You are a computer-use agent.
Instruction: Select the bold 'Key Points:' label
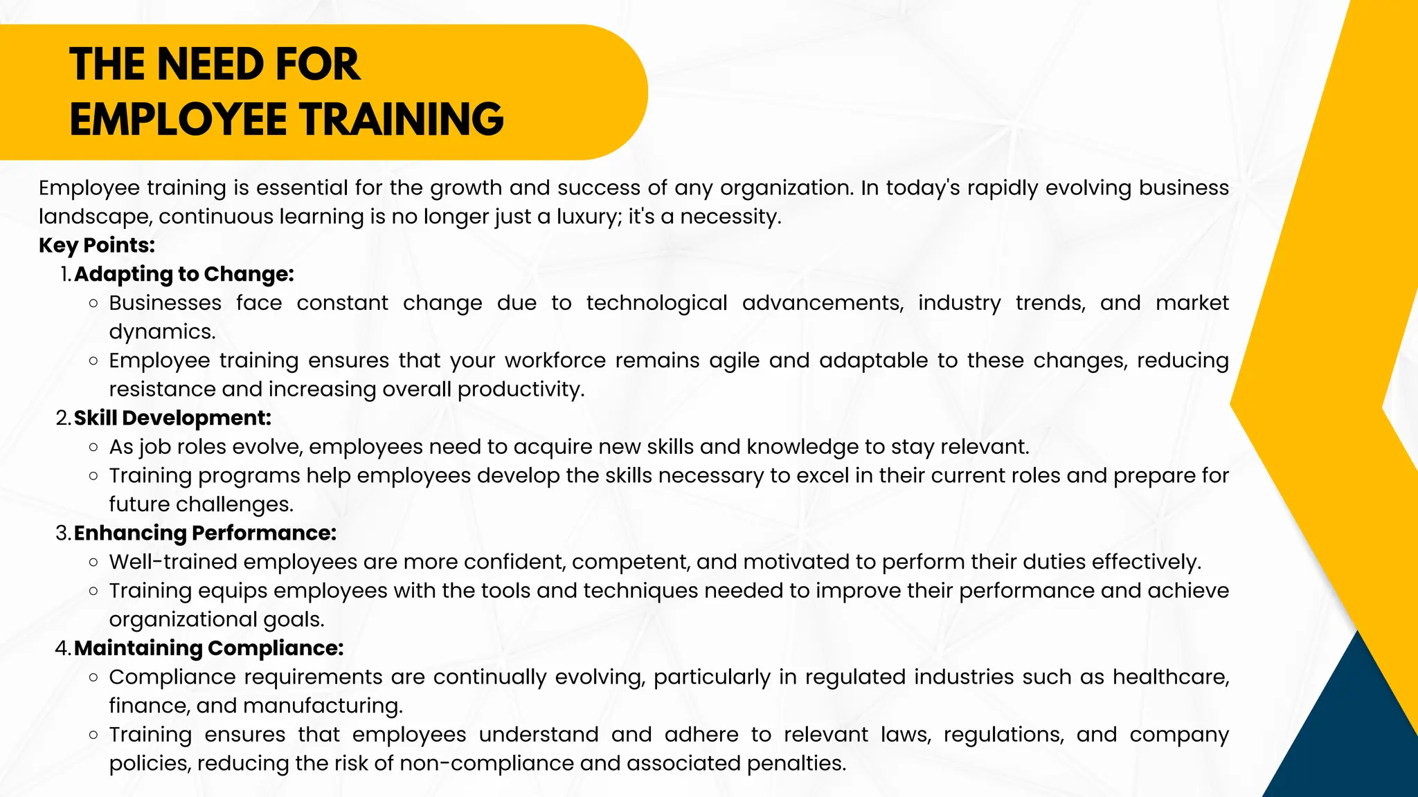tap(97, 245)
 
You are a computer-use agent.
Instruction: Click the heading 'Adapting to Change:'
tap(184, 274)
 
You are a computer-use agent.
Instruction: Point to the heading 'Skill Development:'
tap(172, 418)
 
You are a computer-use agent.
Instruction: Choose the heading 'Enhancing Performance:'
tap(205, 533)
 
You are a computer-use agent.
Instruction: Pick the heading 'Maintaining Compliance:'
tap(208, 648)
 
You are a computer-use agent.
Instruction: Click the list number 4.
tap(62, 648)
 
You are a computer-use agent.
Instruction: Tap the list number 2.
tap(62, 419)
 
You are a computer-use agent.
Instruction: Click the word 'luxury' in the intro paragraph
tap(587, 217)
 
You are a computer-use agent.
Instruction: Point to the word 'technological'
tap(656, 303)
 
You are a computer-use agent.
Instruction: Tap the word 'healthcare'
tap(1170, 677)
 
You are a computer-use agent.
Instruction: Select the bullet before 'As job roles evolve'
tap(93, 448)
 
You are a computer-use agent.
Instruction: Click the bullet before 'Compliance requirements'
tap(93, 677)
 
